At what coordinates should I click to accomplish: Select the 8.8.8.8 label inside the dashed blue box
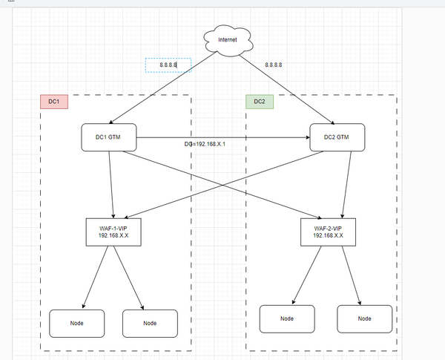click(168, 65)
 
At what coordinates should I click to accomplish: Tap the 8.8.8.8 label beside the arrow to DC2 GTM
click(274, 65)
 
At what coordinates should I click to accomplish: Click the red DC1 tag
click(53, 102)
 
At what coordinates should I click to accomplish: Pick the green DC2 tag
click(259, 102)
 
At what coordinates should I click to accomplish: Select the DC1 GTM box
click(109, 137)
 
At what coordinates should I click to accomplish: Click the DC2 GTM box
click(337, 137)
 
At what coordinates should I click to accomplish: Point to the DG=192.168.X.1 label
click(205, 143)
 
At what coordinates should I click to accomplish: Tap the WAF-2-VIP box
click(328, 231)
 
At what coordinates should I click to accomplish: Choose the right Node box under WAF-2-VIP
click(364, 318)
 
